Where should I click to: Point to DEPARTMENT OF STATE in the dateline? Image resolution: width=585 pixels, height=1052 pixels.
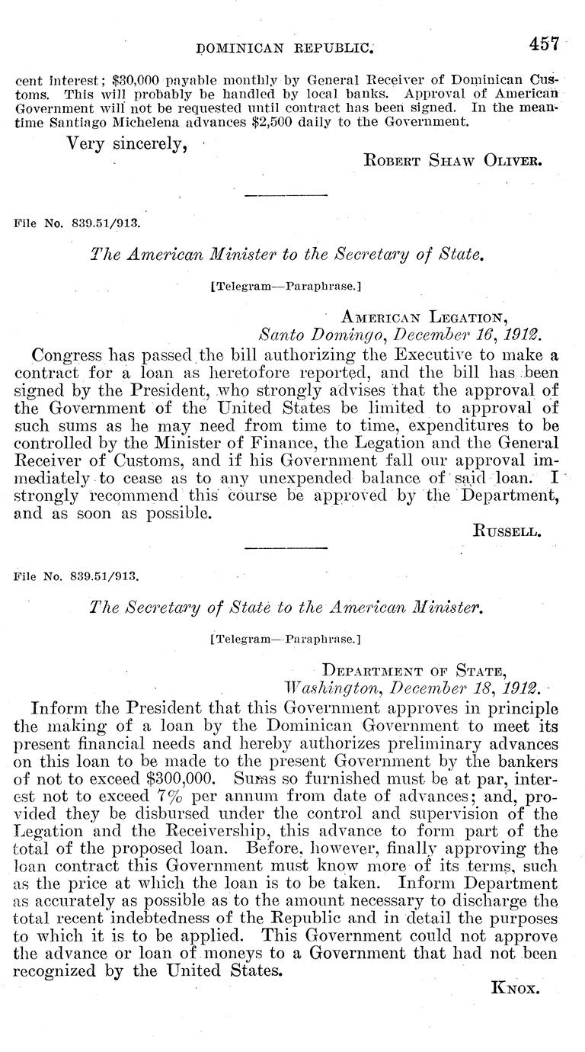tap(414, 671)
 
